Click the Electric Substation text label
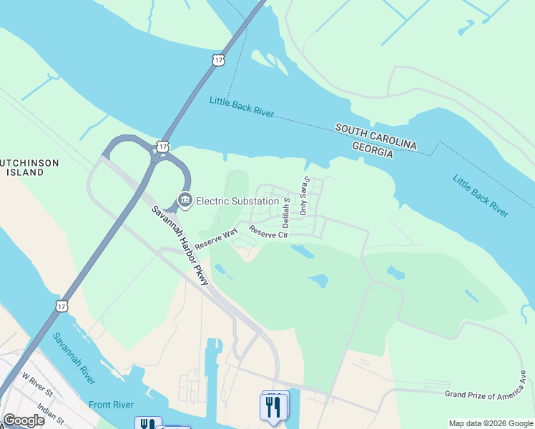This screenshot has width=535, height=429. point(237,200)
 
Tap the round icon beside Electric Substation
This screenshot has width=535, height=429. point(185,200)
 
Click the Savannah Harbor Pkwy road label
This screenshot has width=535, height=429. point(179,245)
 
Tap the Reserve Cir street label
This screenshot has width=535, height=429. point(267,232)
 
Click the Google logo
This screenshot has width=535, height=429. point(24,420)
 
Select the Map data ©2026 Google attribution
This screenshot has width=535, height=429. point(490,423)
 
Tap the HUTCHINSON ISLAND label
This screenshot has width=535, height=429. point(29,167)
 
